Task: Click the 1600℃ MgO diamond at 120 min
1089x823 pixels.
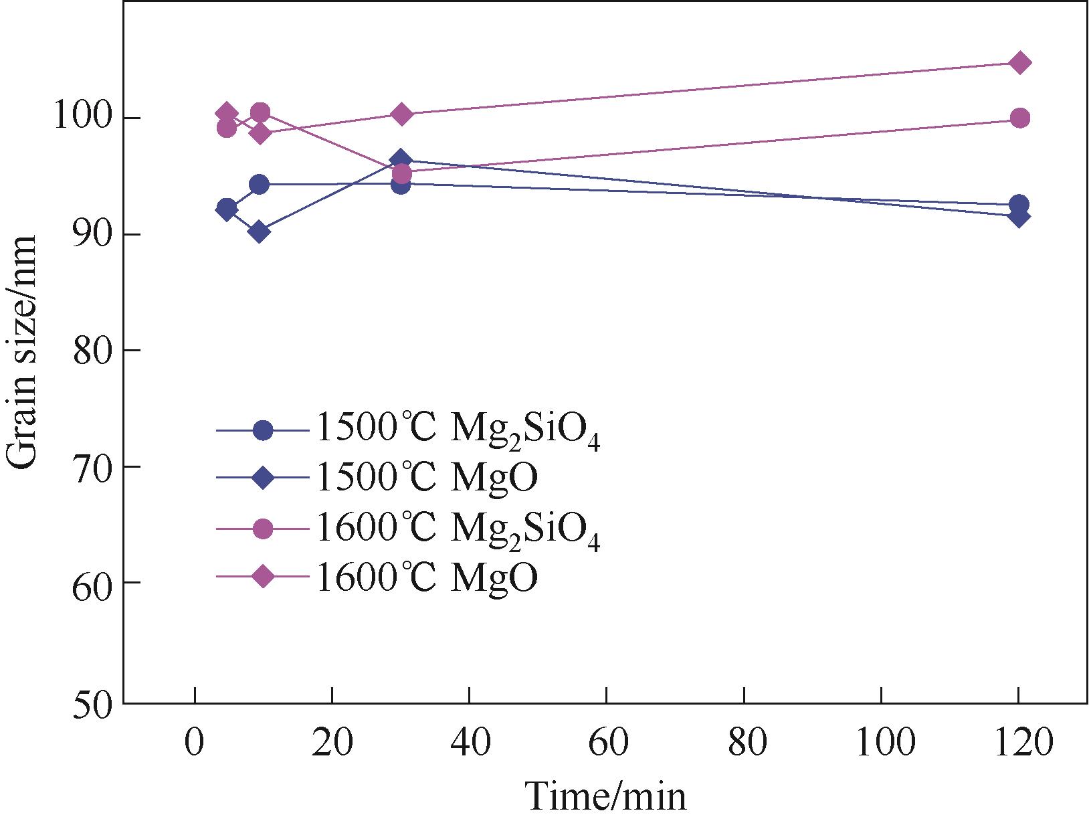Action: pos(1019,63)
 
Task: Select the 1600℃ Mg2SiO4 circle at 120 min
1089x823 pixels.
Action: pos(1019,118)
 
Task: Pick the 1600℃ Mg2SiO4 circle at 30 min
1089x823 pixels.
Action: pos(401,174)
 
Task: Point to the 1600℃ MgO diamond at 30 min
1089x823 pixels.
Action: pos(401,114)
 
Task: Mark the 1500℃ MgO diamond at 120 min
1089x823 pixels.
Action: pos(1019,216)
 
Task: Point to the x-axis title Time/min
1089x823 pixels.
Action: pos(605,797)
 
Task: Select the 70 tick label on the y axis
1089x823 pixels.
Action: pos(91,466)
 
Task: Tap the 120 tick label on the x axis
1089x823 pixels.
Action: pos(1018,743)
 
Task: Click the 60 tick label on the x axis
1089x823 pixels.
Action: pos(606,743)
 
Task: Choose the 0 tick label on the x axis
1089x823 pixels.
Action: pos(195,743)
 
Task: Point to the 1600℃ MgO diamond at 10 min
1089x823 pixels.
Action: pos(260,133)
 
